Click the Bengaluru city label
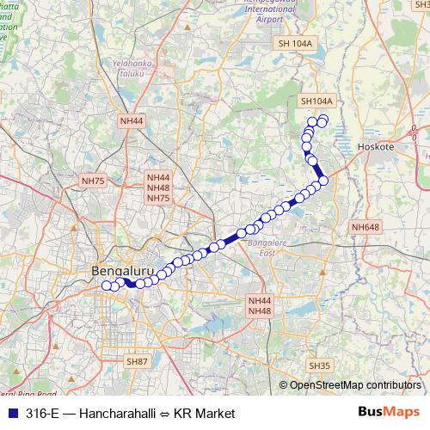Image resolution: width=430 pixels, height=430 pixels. coord(122,271)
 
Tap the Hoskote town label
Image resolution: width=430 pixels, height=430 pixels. coord(375,147)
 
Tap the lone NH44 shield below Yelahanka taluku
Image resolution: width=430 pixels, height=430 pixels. coord(132,121)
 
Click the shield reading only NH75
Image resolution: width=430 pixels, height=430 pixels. coord(92,181)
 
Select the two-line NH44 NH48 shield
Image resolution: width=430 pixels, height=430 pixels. coord(260,305)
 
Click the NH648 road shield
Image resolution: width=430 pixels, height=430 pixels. coord(365,227)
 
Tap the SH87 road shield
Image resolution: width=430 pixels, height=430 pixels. coord(137,362)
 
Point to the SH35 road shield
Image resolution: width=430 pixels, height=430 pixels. coord(320,365)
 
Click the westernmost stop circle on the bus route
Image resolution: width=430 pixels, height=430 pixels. coord(107,286)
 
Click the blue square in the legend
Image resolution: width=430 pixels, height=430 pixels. coord(10,414)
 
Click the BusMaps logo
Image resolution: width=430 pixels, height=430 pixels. coord(388,413)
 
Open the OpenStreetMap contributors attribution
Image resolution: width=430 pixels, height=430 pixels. coord(355,385)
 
